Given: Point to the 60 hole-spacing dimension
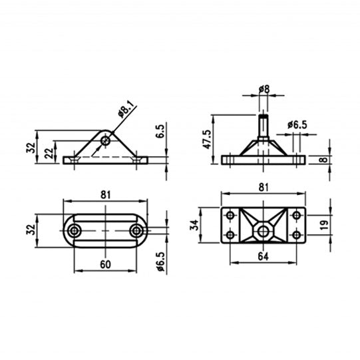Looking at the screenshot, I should (106, 264).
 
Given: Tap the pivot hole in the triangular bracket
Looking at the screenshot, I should (105, 140).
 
